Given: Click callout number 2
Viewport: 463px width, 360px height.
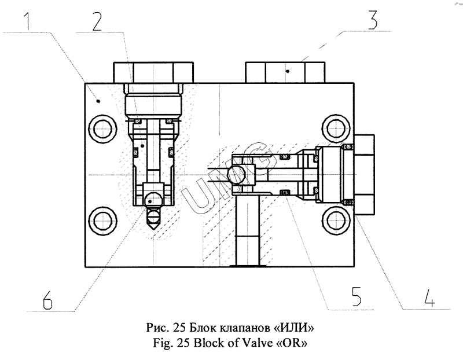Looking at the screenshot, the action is (97, 21).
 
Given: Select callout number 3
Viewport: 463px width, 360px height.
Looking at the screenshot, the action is (372, 20).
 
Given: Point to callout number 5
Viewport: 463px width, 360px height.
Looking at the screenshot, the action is (357, 296).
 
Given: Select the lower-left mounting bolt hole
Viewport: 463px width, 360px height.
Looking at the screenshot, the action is (102, 221).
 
